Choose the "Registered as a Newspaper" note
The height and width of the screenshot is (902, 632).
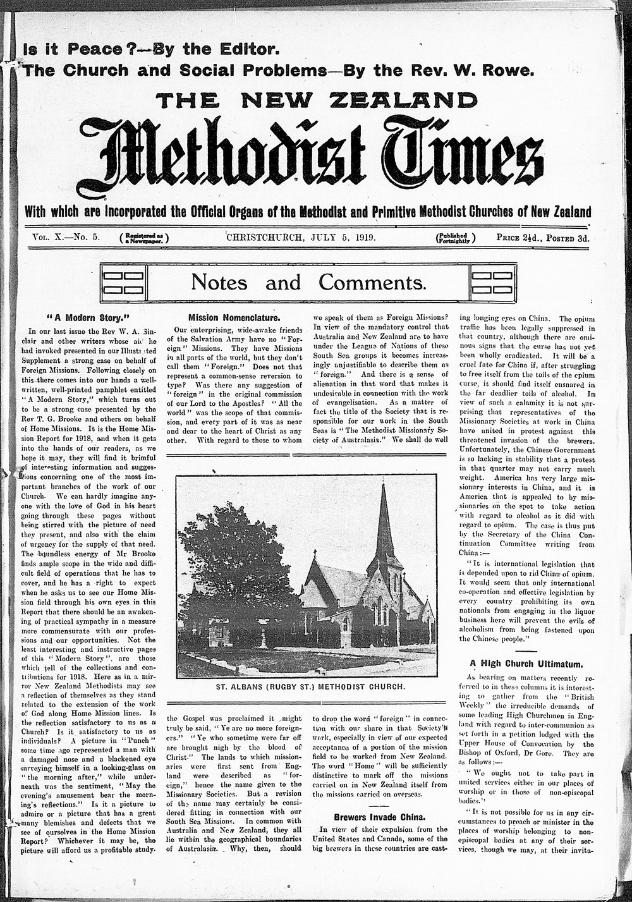tap(144, 238)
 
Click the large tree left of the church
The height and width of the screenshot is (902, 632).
tap(234, 569)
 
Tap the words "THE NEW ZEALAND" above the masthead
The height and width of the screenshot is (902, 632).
tap(317, 101)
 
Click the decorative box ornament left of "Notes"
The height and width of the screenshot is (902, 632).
tap(125, 282)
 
